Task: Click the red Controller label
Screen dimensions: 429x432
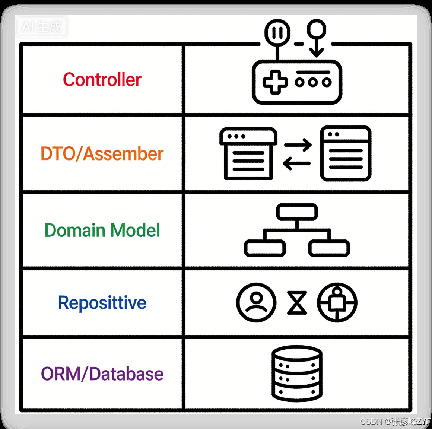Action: (x=102, y=80)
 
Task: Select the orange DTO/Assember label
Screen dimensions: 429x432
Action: (x=102, y=154)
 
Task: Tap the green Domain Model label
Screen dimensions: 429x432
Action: (x=102, y=230)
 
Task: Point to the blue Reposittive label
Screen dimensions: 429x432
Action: (x=102, y=302)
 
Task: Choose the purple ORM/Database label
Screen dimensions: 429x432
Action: (x=102, y=374)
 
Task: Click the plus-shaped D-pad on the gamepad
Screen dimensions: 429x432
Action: (x=275, y=82)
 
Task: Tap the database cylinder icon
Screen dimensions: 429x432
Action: (x=297, y=374)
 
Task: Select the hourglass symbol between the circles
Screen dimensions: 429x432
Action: (x=297, y=303)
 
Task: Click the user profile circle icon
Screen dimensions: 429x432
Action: (x=256, y=302)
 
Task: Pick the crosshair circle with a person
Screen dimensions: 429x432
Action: (x=337, y=302)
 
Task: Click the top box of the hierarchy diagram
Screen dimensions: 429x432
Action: (x=297, y=212)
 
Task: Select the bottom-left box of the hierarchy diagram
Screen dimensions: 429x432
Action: (x=265, y=248)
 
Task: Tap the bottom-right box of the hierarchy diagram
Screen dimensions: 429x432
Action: (x=329, y=248)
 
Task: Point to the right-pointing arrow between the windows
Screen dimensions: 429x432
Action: (x=298, y=145)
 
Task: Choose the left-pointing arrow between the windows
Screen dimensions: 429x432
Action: (x=296, y=163)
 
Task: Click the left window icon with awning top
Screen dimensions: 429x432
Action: (x=248, y=154)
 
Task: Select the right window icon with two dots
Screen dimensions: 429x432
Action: (x=346, y=153)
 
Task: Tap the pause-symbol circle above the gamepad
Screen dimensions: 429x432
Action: (x=277, y=33)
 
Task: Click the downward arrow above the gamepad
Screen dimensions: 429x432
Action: (x=316, y=48)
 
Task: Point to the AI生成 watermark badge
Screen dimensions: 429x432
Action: (x=41, y=26)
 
